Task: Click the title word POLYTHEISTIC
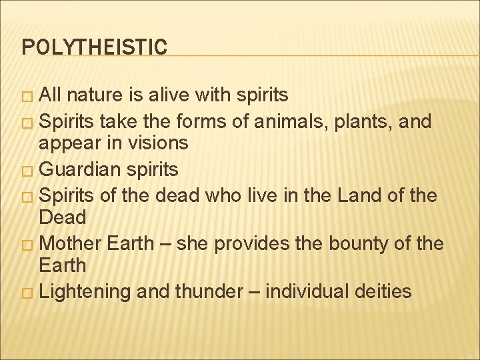[x=94, y=47]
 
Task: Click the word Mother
[x=70, y=243]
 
